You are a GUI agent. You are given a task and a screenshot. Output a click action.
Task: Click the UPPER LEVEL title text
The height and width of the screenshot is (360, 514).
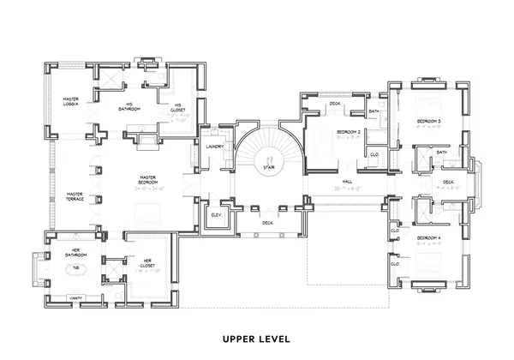(257, 338)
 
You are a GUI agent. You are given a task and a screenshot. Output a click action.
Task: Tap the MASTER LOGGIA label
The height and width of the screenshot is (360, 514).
(71, 102)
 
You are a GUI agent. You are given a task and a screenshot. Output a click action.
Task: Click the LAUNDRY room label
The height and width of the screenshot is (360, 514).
(216, 146)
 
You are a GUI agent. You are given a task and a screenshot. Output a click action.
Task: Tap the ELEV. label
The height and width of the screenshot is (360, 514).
(217, 213)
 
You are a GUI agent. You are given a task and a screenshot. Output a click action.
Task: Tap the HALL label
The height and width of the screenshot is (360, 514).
(348, 182)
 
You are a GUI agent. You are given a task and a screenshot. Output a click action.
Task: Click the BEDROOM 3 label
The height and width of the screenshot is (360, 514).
(428, 122)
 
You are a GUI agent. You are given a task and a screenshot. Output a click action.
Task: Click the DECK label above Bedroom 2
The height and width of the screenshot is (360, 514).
(334, 104)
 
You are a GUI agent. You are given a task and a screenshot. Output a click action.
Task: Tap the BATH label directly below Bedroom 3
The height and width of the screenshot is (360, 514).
(441, 153)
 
